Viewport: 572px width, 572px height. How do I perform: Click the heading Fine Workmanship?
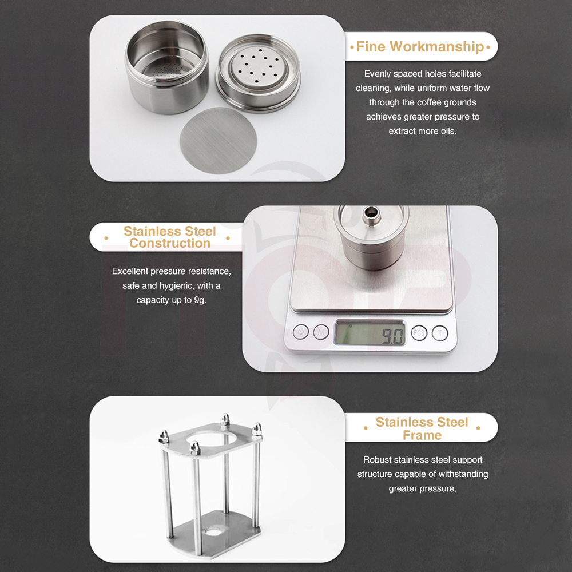tap(420, 47)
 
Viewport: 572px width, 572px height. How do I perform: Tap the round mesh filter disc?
tap(218, 141)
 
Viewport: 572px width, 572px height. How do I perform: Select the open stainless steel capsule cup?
tap(167, 67)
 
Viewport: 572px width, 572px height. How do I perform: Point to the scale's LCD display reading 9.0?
tap(370, 333)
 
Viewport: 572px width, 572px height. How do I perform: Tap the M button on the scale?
tap(321, 332)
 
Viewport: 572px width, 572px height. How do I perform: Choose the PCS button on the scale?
tap(419, 333)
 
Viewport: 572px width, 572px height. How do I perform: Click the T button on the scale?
tap(440, 333)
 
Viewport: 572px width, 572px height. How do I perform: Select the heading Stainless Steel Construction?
tap(170, 237)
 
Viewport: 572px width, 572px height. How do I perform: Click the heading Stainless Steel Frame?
tap(422, 428)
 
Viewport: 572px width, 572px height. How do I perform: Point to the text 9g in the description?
tap(200, 300)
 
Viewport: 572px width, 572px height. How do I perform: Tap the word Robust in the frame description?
tap(376, 460)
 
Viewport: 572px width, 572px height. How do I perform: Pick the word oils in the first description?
tap(449, 131)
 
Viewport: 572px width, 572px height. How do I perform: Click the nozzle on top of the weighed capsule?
tap(371, 214)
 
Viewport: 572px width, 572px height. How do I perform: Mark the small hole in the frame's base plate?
tap(214, 531)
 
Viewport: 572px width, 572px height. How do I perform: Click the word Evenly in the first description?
tap(378, 74)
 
